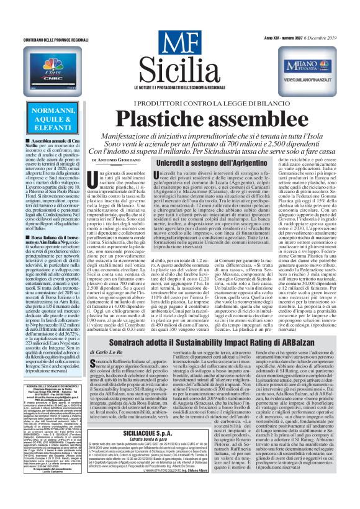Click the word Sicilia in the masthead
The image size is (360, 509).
[178, 68]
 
